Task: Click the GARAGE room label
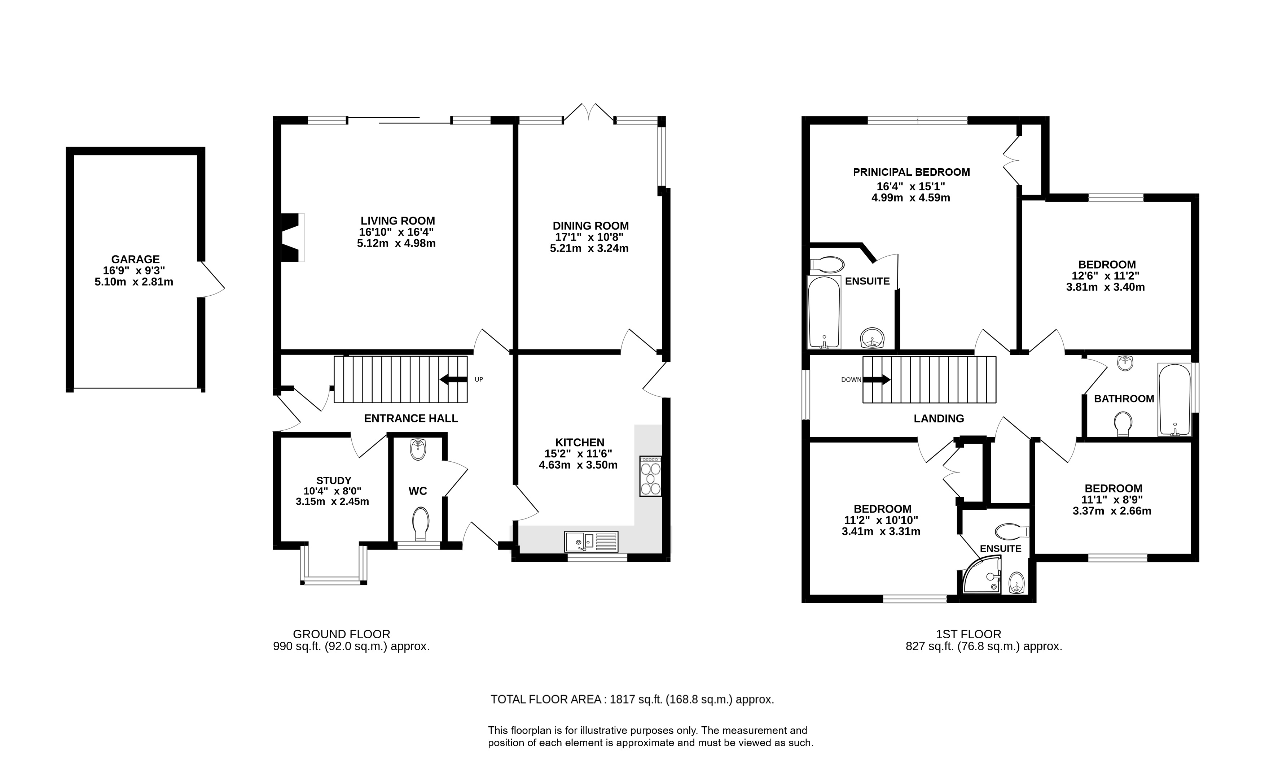coord(136,260)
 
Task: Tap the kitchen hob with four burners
coord(650,476)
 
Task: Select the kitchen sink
coord(592,541)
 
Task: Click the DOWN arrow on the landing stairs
coord(877,380)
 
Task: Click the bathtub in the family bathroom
coord(1174,400)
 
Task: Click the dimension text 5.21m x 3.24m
coord(589,249)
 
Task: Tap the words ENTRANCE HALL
coord(411,419)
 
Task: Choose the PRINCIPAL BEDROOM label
coord(911,173)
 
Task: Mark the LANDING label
coord(939,419)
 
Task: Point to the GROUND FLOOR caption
coord(341,634)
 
